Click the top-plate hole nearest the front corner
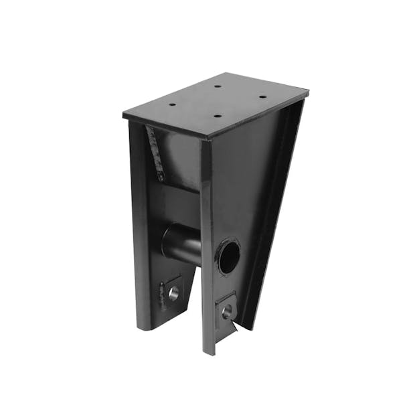pyautogui.click(x=217, y=115)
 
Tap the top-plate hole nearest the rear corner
pyautogui.click(x=218, y=86)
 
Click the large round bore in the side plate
pyautogui.click(x=228, y=256)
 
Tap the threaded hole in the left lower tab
pyautogui.click(x=174, y=293)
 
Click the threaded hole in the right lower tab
pyautogui.click(x=228, y=311)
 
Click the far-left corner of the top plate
pyautogui.click(x=124, y=115)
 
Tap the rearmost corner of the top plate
pyautogui.click(x=233, y=74)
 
